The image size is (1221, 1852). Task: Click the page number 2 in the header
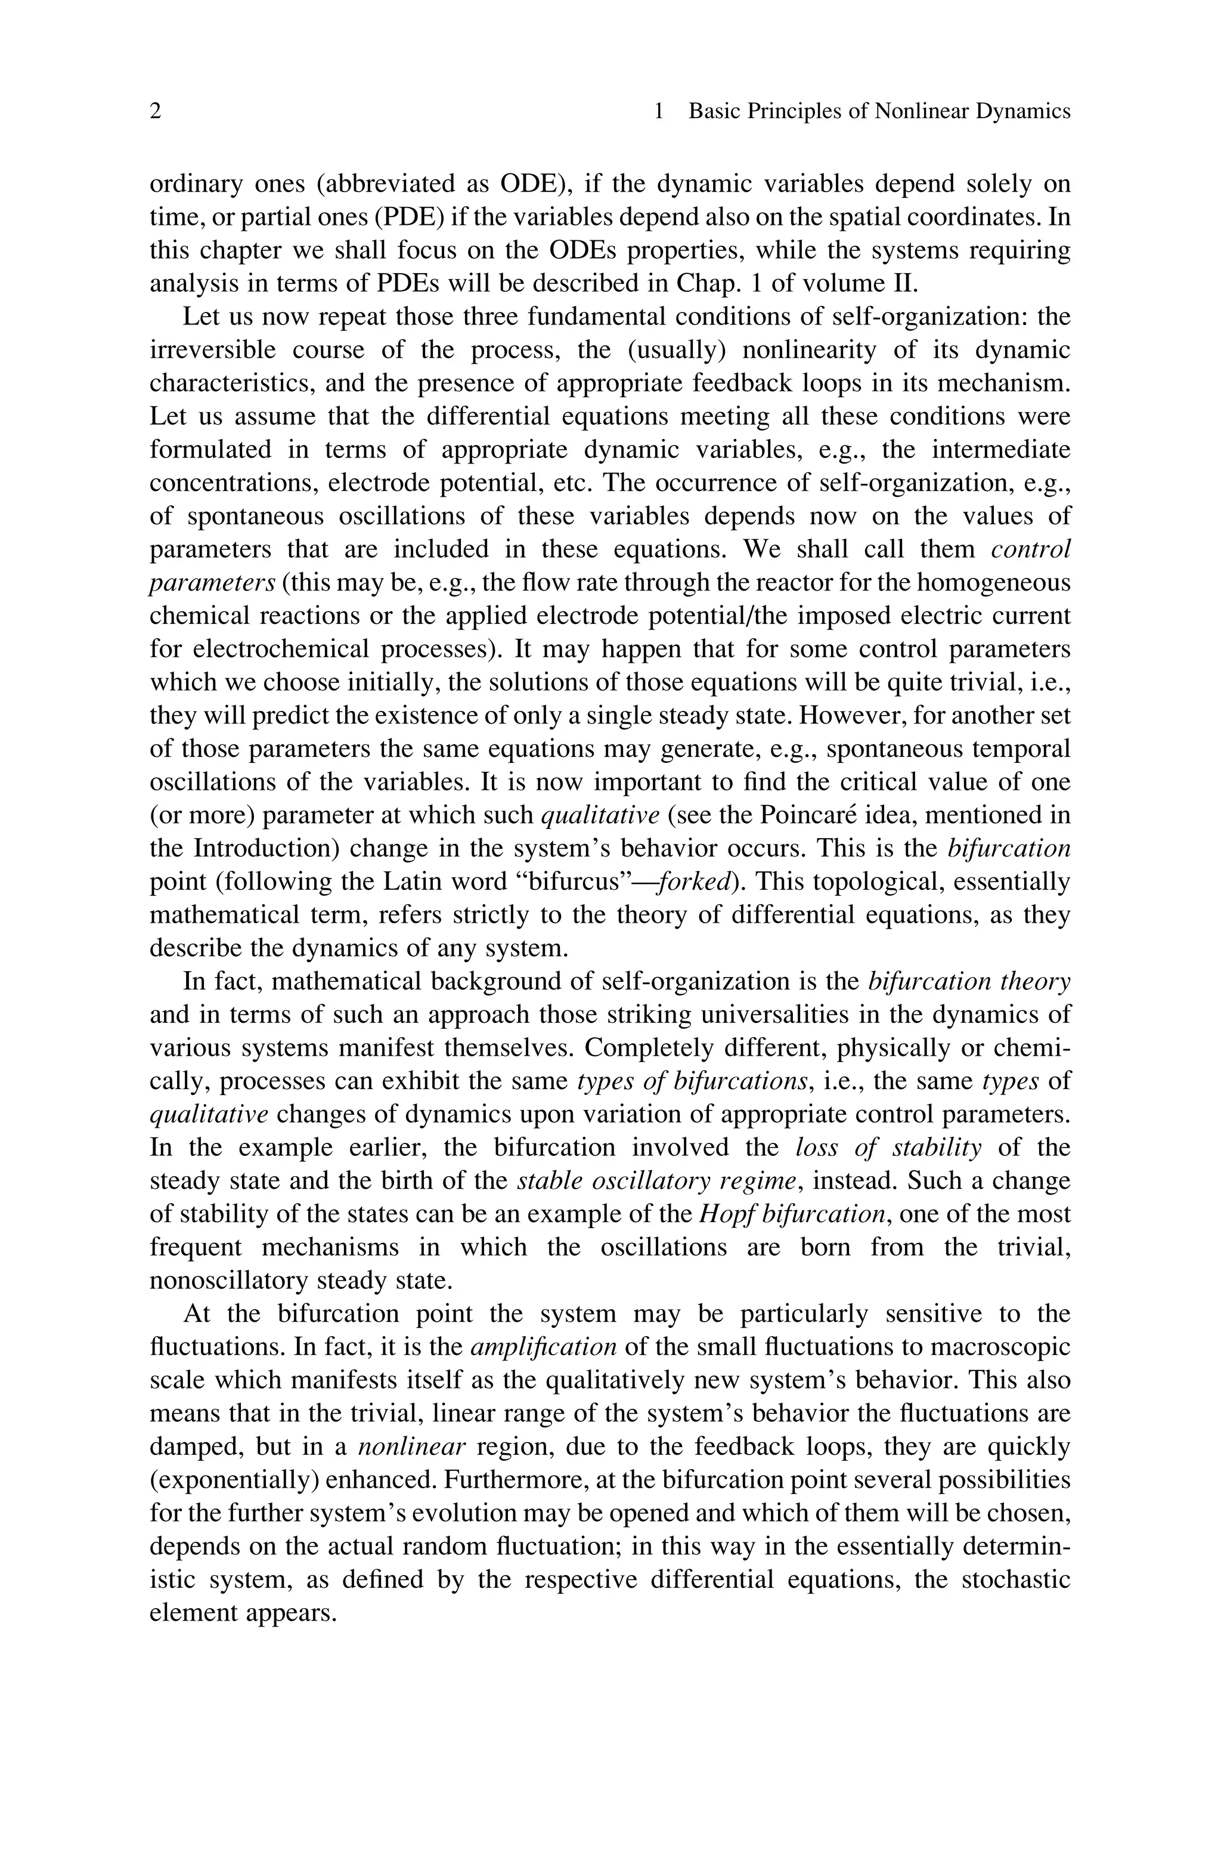coord(155,112)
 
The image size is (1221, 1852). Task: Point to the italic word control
coord(1030,549)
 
